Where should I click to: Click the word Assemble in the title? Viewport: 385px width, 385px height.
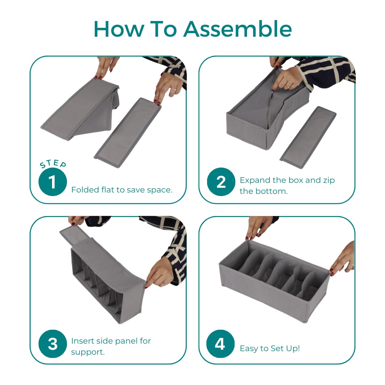pos(238,29)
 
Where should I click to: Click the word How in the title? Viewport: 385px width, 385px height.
pos(119,29)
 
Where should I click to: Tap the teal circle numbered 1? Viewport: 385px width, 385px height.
pos(53,182)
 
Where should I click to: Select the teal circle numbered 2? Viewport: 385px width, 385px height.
pos(221,182)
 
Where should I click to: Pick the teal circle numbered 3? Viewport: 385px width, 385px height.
pos(53,344)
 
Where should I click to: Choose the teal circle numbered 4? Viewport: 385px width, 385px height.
pos(220,344)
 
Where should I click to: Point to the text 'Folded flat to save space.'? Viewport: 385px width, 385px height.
pos(122,190)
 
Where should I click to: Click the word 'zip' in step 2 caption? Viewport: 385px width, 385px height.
pos(329,180)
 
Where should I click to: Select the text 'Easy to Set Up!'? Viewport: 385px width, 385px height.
pos(270,348)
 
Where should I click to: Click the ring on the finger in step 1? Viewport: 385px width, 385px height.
pos(174,89)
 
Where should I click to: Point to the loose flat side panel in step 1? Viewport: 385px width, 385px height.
pos(128,133)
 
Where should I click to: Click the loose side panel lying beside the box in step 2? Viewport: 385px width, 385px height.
pos(308,138)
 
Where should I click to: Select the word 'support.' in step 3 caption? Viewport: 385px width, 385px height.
pos(88,352)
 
